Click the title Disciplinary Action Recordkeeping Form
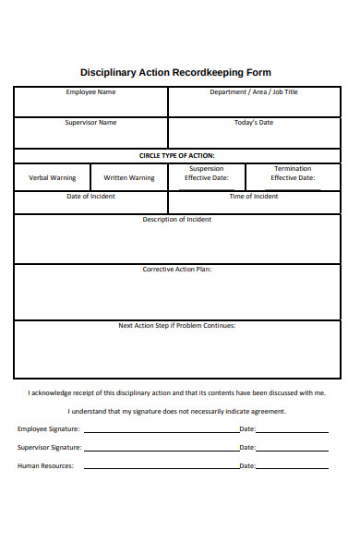click(x=176, y=72)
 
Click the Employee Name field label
click(x=90, y=92)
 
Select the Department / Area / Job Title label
click(x=253, y=92)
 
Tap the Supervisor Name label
click(x=90, y=123)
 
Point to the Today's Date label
click(x=254, y=123)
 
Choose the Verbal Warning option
click(x=52, y=177)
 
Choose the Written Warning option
click(x=129, y=177)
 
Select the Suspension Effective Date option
click(x=206, y=174)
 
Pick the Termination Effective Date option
click(x=293, y=174)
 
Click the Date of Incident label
click(x=90, y=197)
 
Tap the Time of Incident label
click(x=253, y=197)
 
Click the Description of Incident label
click(x=176, y=220)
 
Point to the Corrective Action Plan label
click(x=176, y=270)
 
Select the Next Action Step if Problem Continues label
click(x=176, y=325)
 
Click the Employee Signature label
click(x=49, y=429)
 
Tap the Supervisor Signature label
click(x=50, y=448)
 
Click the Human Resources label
click(x=45, y=466)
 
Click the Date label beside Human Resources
click(x=247, y=466)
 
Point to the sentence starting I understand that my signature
click(x=176, y=411)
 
